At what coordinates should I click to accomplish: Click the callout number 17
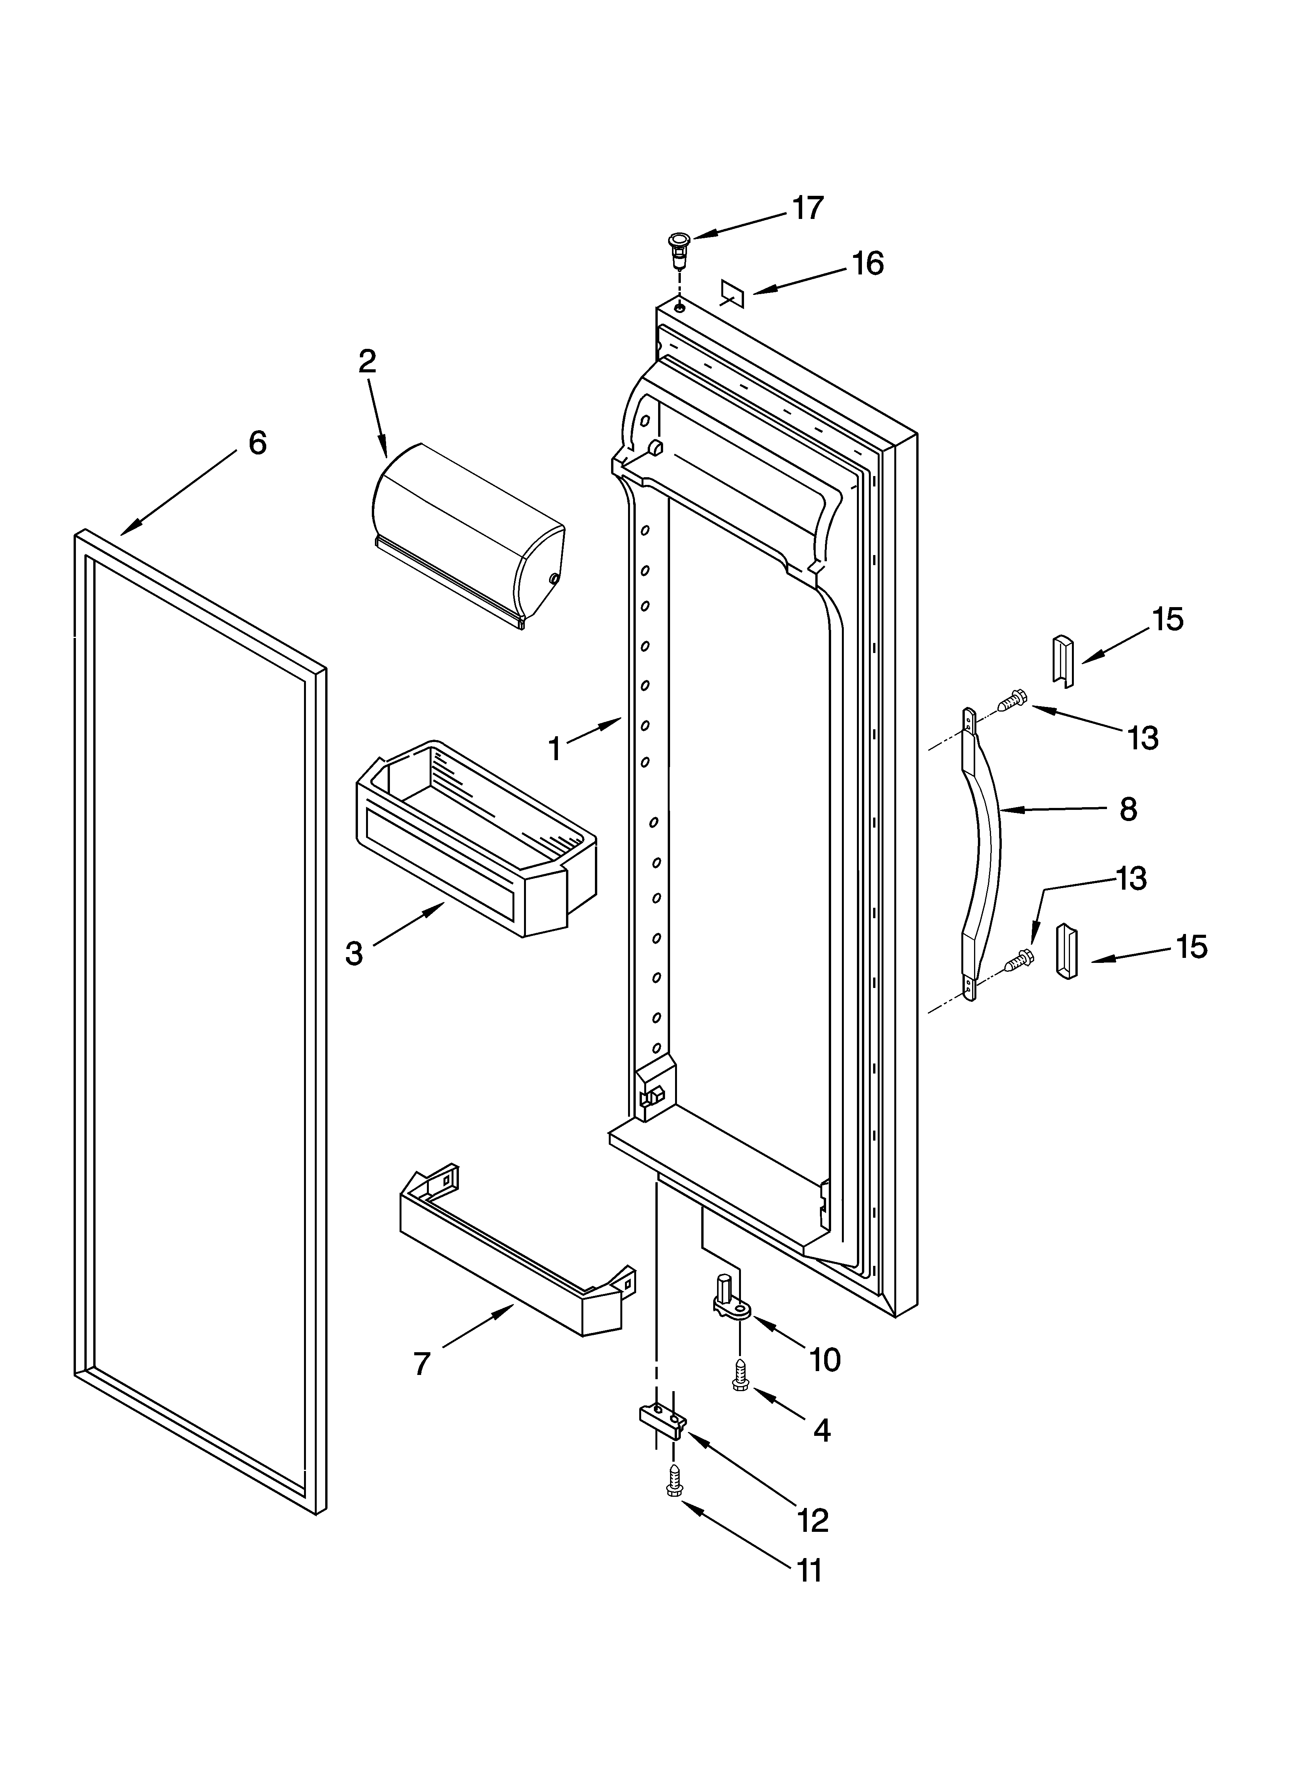(x=807, y=208)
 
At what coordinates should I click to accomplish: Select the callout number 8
(x=1128, y=809)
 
